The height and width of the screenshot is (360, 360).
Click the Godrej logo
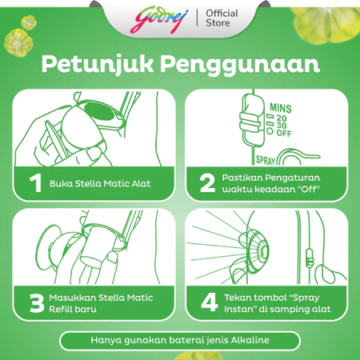click(x=159, y=20)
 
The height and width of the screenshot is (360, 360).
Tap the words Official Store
click(x=222, y=18)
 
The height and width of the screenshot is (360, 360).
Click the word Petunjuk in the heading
click(x=98, y=65)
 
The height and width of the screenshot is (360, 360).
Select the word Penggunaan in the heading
click(x=240, y=65)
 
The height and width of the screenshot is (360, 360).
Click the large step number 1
click(x=36, y=183)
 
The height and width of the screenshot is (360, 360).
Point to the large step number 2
click(x=207, y=183)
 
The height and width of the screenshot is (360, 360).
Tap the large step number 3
click(x=37, y=303)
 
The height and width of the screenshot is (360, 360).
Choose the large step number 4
click(x=210, y=302)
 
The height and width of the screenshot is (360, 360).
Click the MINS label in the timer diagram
click(x=281, y=108)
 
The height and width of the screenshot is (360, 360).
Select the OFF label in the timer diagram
click(x=284, y=133)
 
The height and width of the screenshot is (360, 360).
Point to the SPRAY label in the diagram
click(x=266, y=160)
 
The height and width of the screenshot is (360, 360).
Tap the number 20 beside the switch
click(x=282, y=118)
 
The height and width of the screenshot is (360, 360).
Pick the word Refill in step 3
click(x=59, y=309)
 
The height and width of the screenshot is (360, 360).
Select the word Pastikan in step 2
click(x=242, y=178)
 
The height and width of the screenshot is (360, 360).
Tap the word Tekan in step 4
click(x=236, y=298)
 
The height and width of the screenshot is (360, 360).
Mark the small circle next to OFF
click(x=270, y=131)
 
